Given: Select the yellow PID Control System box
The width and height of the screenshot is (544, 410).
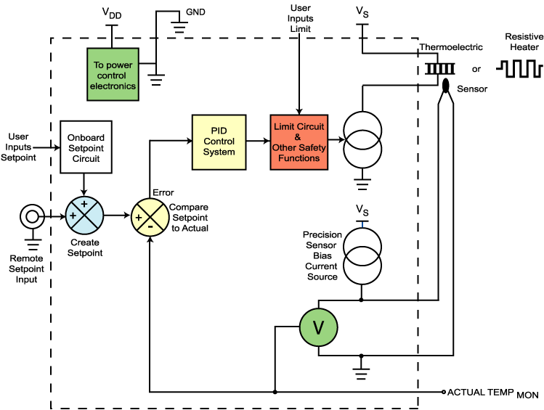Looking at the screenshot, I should coord(219,142).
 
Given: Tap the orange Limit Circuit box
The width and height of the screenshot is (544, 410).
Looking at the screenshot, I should coord(299,142).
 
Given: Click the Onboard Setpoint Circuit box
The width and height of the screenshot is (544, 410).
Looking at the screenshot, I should coord(86,147).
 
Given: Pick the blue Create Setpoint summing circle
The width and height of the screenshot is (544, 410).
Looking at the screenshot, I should coord(85,216).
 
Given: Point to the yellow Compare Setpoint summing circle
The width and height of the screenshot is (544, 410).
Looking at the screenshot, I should coord(149,216).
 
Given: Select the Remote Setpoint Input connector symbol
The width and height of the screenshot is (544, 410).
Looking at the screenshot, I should coord(31,216).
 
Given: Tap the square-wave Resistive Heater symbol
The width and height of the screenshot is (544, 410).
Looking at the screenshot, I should coord(519,69).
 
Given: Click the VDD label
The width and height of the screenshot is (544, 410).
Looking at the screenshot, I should coord(111,13).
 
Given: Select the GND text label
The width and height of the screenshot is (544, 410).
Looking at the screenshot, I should coord(195,13).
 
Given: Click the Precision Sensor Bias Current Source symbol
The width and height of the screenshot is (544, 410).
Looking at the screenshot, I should coord(361,255).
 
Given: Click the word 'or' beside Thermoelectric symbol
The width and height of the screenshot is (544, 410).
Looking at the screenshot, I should coord(476,70).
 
